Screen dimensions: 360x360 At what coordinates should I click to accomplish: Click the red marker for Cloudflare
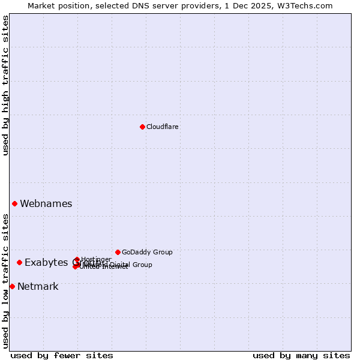[x=142, y=127]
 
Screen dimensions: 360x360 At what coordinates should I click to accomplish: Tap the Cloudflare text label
[x=163, y=127]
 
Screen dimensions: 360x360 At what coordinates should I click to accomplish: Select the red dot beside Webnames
[x=14, y=203]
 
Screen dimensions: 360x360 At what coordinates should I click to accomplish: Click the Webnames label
[x=46, y=203]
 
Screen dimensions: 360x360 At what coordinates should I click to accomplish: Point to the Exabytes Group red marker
[x=19, y=262]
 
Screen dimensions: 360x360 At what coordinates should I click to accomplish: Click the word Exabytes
[x=46, y=262]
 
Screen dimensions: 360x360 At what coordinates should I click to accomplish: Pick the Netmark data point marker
[x=12, y=286]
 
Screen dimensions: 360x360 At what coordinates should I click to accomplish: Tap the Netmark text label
[x=38, y=286]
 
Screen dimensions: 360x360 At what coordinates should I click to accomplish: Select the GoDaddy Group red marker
[x=118, y=252]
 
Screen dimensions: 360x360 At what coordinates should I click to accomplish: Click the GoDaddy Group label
[x=147, y=252]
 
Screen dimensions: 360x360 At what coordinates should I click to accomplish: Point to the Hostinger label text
[x=96, y=259]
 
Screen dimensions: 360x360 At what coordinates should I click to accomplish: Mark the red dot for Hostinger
[x=77, y=259]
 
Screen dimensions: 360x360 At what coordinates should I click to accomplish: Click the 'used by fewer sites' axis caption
[x=62, y=355]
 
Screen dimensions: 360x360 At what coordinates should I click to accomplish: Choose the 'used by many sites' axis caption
[x=301, y=355]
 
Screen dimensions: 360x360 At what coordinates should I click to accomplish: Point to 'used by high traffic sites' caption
[x=5, y=85]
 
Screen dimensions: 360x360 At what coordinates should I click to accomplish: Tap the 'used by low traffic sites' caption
[x=5, y=280]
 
